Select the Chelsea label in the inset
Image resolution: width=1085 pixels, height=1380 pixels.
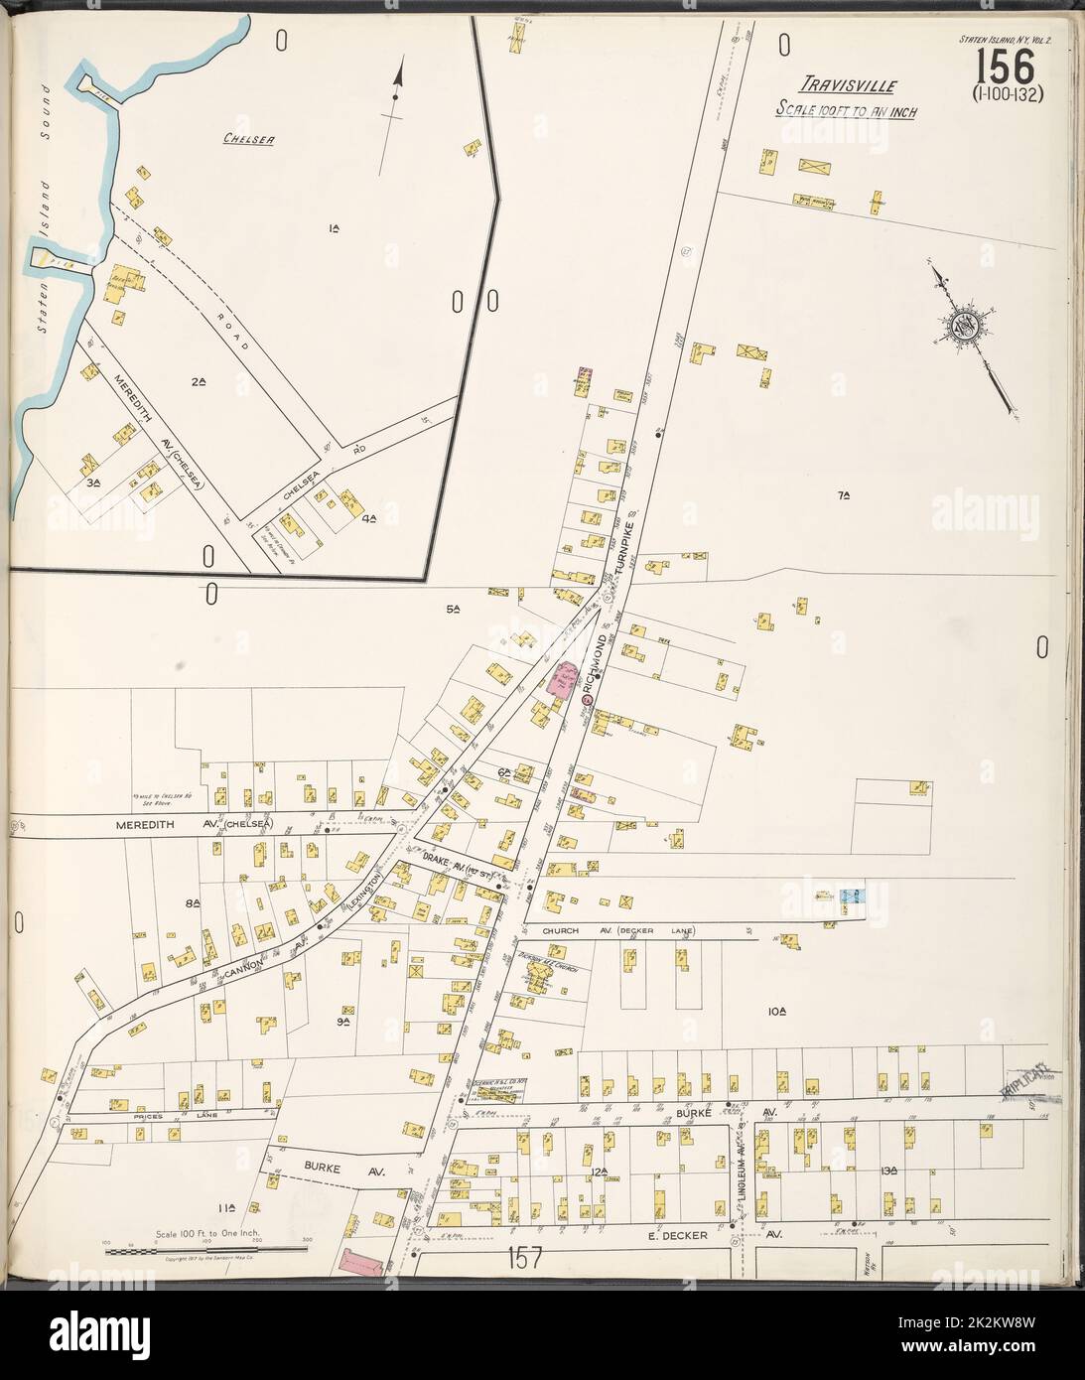pos(247,141)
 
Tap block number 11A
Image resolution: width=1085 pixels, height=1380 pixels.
pos(226,1207)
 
